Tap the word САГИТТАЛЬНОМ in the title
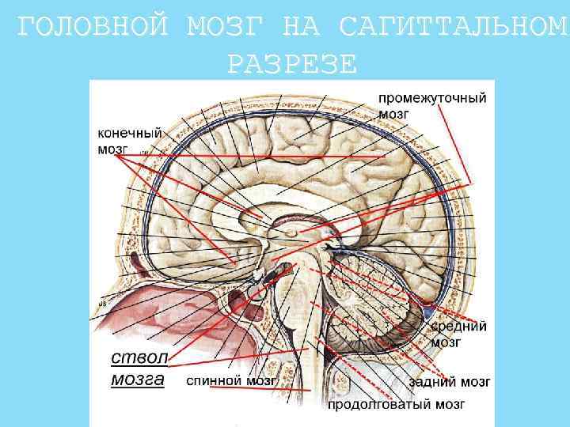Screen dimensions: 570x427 tap(452, 28)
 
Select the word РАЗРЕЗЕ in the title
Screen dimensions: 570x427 tap(292, 63)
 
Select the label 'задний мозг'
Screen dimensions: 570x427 tap(450, 382)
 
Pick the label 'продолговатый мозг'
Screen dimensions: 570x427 tap(397, 405)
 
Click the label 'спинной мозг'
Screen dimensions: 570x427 tap(231, 380)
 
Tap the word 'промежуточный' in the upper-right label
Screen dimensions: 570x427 tap(431, 98)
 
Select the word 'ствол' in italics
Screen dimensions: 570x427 tap(134, 354)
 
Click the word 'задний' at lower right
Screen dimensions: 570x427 tap(431, 382)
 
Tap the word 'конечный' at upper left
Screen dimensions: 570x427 tap(130, 134)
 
